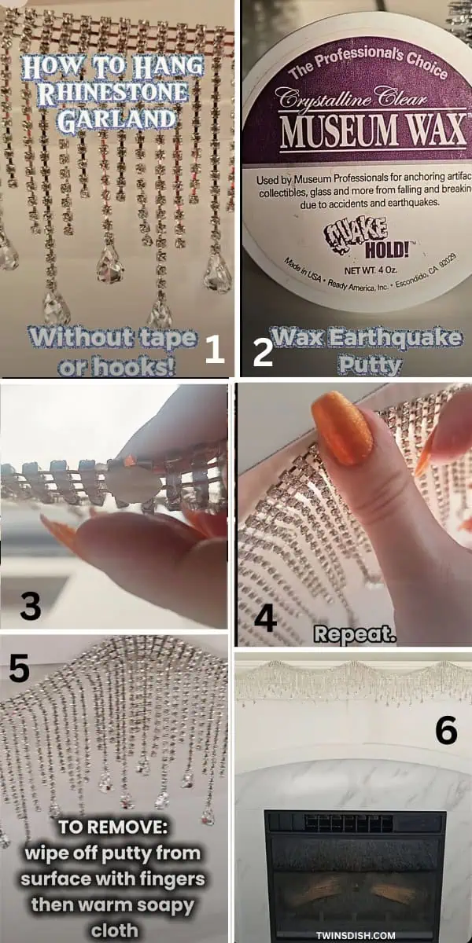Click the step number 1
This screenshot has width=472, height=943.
tap(214, 350)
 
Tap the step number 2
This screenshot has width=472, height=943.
tap(261, 352)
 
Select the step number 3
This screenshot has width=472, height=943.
tap(31, 605)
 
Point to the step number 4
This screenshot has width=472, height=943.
tap(265, 618)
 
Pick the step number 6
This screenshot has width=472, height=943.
tap(446, 731)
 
